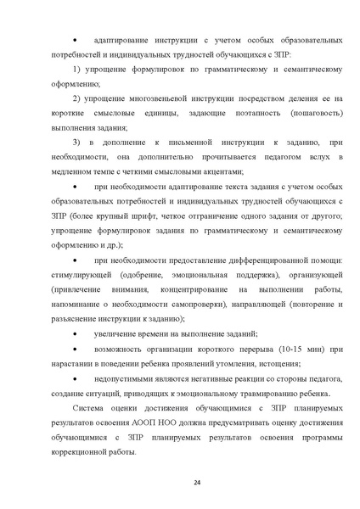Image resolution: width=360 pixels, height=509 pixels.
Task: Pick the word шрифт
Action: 170,216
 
